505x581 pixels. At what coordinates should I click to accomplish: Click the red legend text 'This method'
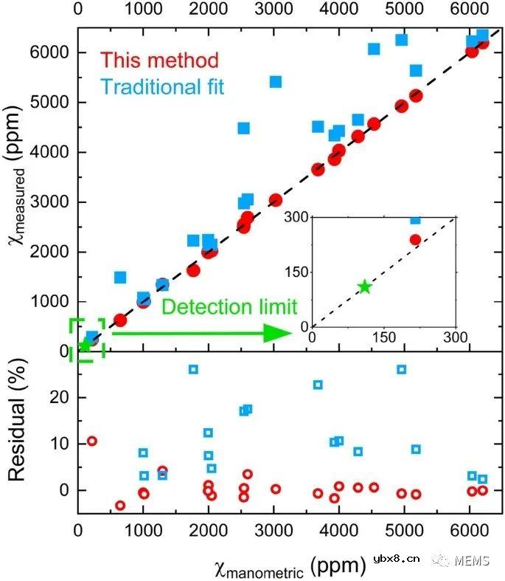pyautogui.click(x=160, y=60)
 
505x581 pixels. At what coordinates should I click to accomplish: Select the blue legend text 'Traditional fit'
pyautogui.click(x=162, y=87)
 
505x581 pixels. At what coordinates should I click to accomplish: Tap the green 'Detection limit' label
pyautogui.click(x=229, y=306)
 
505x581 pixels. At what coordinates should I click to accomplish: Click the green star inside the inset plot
pyautogui.click(x=364, y=286)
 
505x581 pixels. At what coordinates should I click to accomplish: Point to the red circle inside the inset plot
pyautogui.click(x=415, y=239)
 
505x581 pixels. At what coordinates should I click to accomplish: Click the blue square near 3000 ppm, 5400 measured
pyautogui.click(x=276, y=81)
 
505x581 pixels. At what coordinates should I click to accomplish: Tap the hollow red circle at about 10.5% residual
pyautogui.click(x=92, y=441)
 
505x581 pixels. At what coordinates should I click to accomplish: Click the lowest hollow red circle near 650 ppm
pyautogui.click(x=120, y=505)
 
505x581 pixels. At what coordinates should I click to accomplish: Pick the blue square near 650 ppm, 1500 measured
pyautogui.click(x=120, y=277)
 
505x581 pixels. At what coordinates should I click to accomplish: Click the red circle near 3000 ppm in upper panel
pyautogui.click(x=276, y=200)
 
